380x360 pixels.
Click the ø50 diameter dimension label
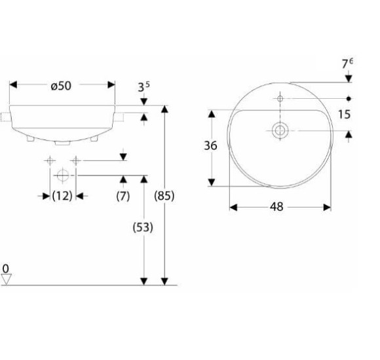61,86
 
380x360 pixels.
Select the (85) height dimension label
164,196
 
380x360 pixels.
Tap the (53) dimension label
143,227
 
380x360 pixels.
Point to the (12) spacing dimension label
62,196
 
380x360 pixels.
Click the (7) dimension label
123,196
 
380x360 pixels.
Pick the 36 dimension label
210,146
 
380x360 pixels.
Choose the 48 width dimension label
276,207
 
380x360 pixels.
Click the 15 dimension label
345,115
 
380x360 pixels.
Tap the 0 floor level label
6,269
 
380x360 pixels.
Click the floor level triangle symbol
7,279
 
